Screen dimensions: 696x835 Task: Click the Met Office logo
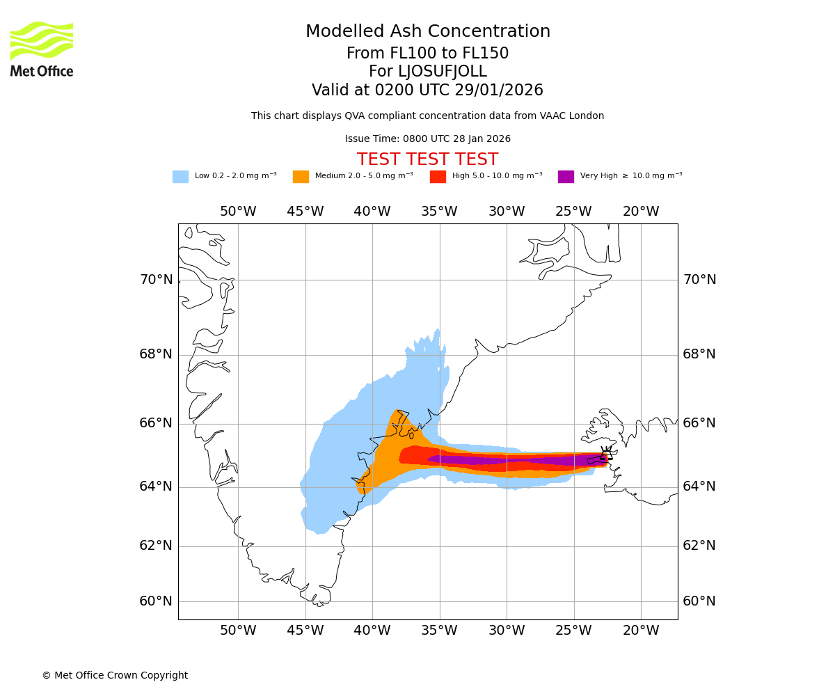[42, 49]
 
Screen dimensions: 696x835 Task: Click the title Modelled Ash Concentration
[428, 32]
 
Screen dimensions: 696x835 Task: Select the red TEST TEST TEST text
[427, 159]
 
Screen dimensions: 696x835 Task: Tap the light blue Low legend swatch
[180, 177]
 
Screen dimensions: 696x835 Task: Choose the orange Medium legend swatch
[301, 177]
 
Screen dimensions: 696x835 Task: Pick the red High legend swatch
[438, 177]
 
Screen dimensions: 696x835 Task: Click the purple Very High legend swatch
[566, 177]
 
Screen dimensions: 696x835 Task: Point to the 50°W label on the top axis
[238, 212]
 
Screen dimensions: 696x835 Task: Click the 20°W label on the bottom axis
[641, 631]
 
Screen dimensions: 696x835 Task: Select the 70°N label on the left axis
[156, 280]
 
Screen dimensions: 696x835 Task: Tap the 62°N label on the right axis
[699, 546]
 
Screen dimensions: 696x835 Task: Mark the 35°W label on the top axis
[439, 212]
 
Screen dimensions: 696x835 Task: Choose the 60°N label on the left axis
[156, 601]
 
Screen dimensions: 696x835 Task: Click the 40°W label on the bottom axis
[372, 631]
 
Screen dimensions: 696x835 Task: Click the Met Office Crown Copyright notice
[115, 675]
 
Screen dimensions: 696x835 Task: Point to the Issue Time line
[427, 139]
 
